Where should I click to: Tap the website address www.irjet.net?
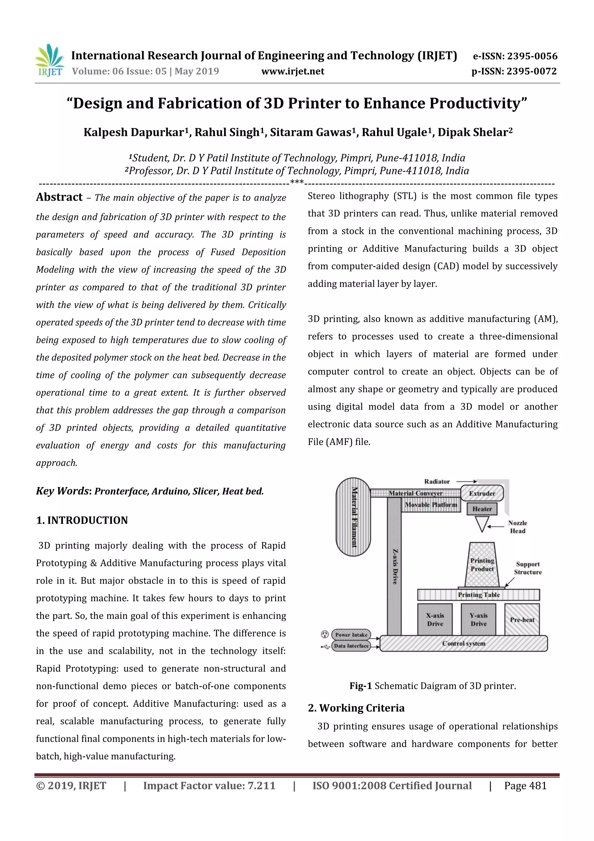pyautogui.click(x=292, y=71)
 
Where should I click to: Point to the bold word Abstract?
pyautogui.click(x=59, y=197)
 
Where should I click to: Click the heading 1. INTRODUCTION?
pyautogui.click(x=82, y=520)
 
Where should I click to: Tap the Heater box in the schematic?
pyautogui.click(x=482, y=509)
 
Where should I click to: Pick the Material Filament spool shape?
pyautogui.click(x=353, y=516)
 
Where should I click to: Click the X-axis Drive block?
pyautogui.click(x=435, y=620)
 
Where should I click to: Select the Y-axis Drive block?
pyautogui.click(x=478, y=620)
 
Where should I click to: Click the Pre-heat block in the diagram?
pyautogui.click(x=522, y=620)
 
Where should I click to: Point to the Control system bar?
pyautogui.click(x=463, y=643)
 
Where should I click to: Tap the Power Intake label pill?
pyautogui.click(x=351, y=635)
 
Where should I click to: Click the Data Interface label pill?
pyautogui.click(x=351, y=646)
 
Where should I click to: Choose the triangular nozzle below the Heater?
pyautogui.click(x=482, y=523)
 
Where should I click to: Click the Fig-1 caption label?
pyautogui.click(x=361, y=686)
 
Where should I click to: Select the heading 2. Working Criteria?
pyautogui.click(x=356, y=708)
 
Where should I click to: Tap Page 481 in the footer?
pyautogui.click(x=525, y=786)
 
